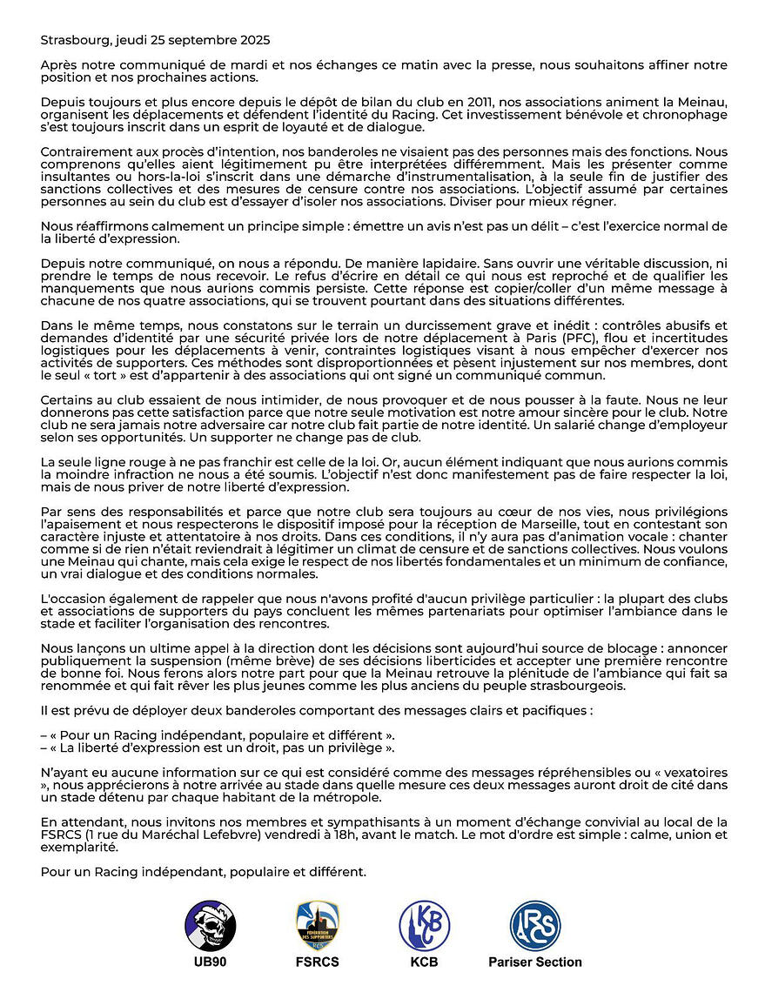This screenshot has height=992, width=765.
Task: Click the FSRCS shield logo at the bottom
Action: point(317,926)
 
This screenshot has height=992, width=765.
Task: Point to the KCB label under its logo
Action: point(424,962)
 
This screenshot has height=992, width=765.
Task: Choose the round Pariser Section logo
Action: point(535,926)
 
